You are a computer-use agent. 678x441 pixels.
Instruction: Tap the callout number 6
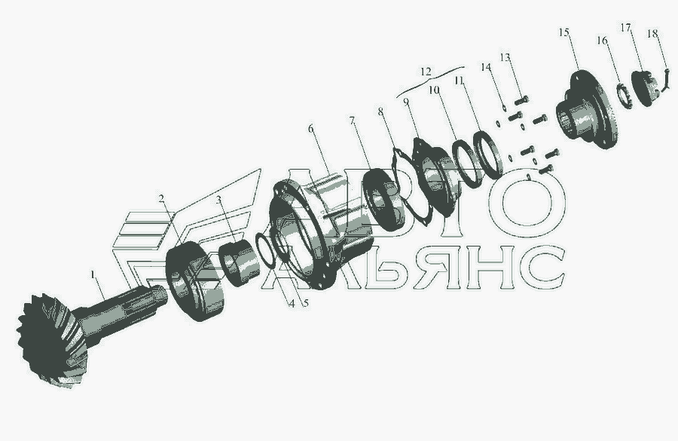(x=310, y=129)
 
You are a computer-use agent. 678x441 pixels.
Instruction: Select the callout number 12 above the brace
(x=426, y=72)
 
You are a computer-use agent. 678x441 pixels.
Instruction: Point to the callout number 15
(x=563, y=32)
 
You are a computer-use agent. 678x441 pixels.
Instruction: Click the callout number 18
(x=652, y=33)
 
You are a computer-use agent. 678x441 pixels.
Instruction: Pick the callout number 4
(x=292, y=304)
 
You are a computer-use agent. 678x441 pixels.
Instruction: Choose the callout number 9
(x=405, y=102)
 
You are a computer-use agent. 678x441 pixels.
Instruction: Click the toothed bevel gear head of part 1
(x=52, y=340)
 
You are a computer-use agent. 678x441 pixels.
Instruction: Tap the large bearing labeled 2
(x=195, y=282)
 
